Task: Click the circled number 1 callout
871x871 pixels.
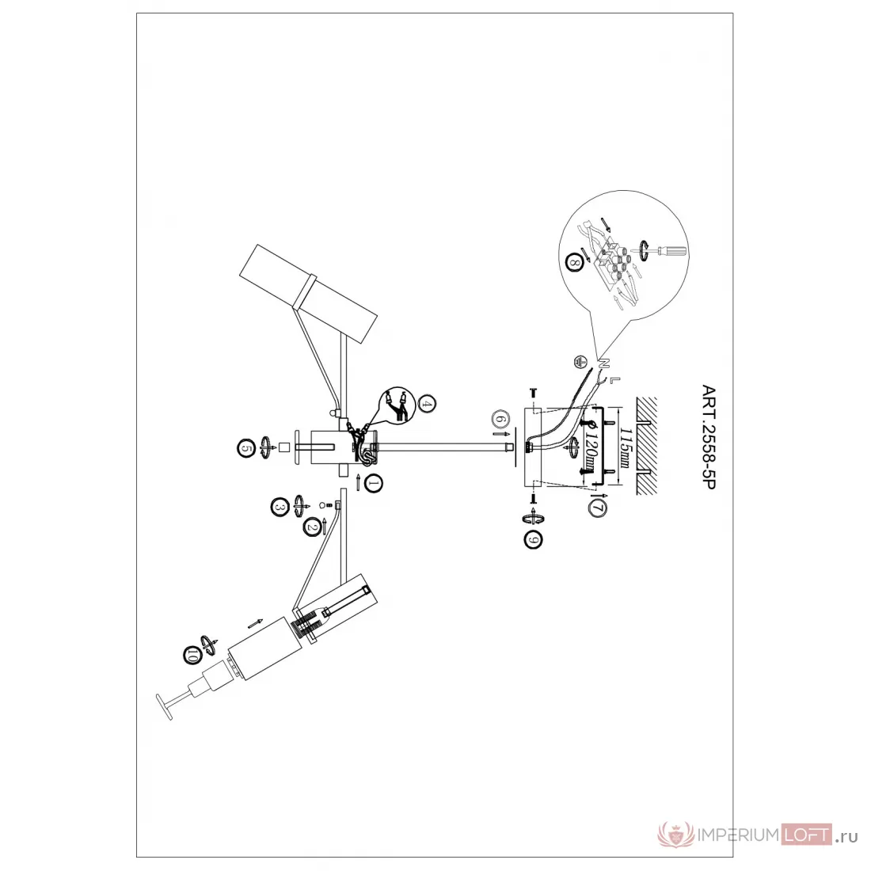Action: click(x=373, y=484)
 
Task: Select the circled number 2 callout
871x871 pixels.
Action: click(x=312, y=527)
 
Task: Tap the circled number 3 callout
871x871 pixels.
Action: click(x=280, y=507)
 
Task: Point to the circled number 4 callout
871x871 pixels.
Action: click(x=427, y=404)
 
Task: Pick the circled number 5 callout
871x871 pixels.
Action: click(x=246, y=448)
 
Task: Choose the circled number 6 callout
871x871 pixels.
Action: click(x=500, y=418)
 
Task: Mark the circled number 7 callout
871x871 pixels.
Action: click(x=598, y=508)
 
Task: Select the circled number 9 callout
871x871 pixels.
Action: click(x=533, y=540)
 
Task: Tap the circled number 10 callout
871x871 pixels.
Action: click(x=192, y=655)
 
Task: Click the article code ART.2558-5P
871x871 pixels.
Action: click(x=709, y=437)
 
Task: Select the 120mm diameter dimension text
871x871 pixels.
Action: click(x=591, y=447)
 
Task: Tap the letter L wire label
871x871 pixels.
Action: click(x=613, y=381)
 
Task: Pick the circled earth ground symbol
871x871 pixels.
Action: click(x=580, y=362)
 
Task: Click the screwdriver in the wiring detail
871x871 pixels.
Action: click(x=670, y=250)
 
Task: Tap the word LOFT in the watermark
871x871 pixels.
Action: click(x=806, y=835)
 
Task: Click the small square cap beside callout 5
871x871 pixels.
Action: click(x=284, y=447)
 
